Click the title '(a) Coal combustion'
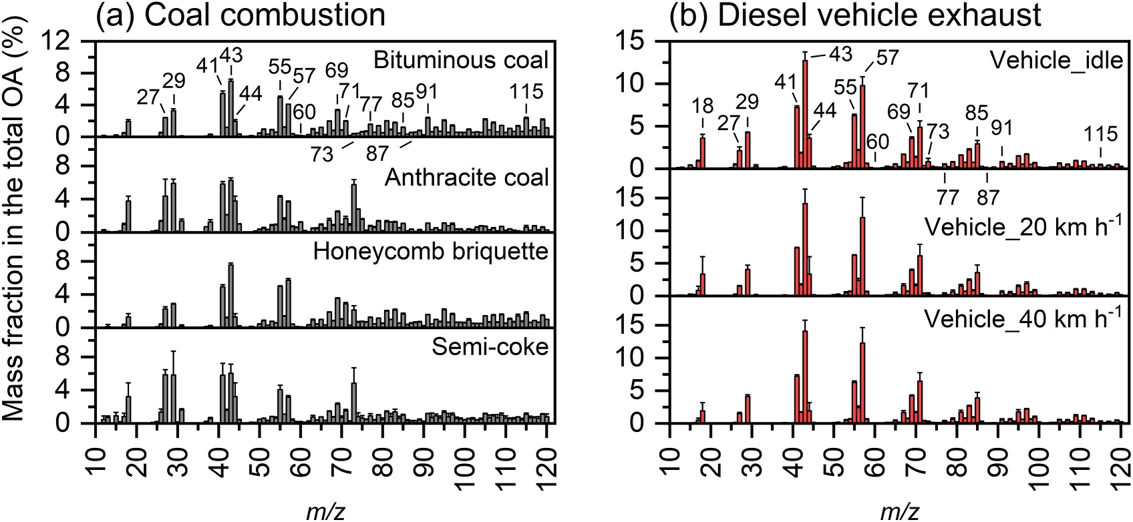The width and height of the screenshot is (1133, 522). pos(240,15)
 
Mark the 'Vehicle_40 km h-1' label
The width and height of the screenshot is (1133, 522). pos(1023,318)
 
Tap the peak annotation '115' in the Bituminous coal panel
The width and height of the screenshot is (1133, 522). pos(526,91)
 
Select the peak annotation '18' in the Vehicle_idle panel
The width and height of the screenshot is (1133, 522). pos(702,105)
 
